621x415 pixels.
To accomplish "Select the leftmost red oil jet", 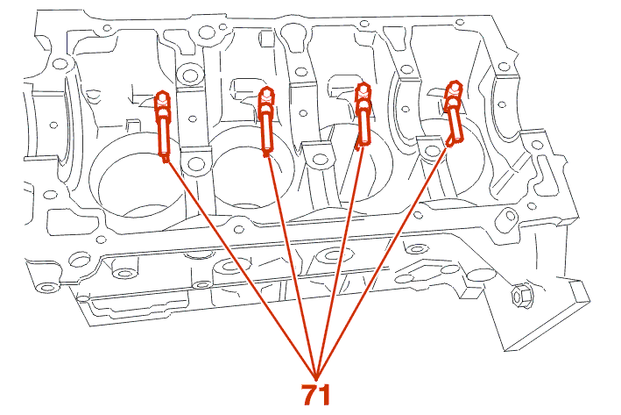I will coord(163,124).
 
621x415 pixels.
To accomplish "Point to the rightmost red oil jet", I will coord(453,113).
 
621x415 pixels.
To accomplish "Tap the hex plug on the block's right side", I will coord(518,296).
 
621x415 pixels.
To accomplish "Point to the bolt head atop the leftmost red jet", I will coord(161,97).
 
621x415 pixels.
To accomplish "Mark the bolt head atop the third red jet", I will coord(362,89).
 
